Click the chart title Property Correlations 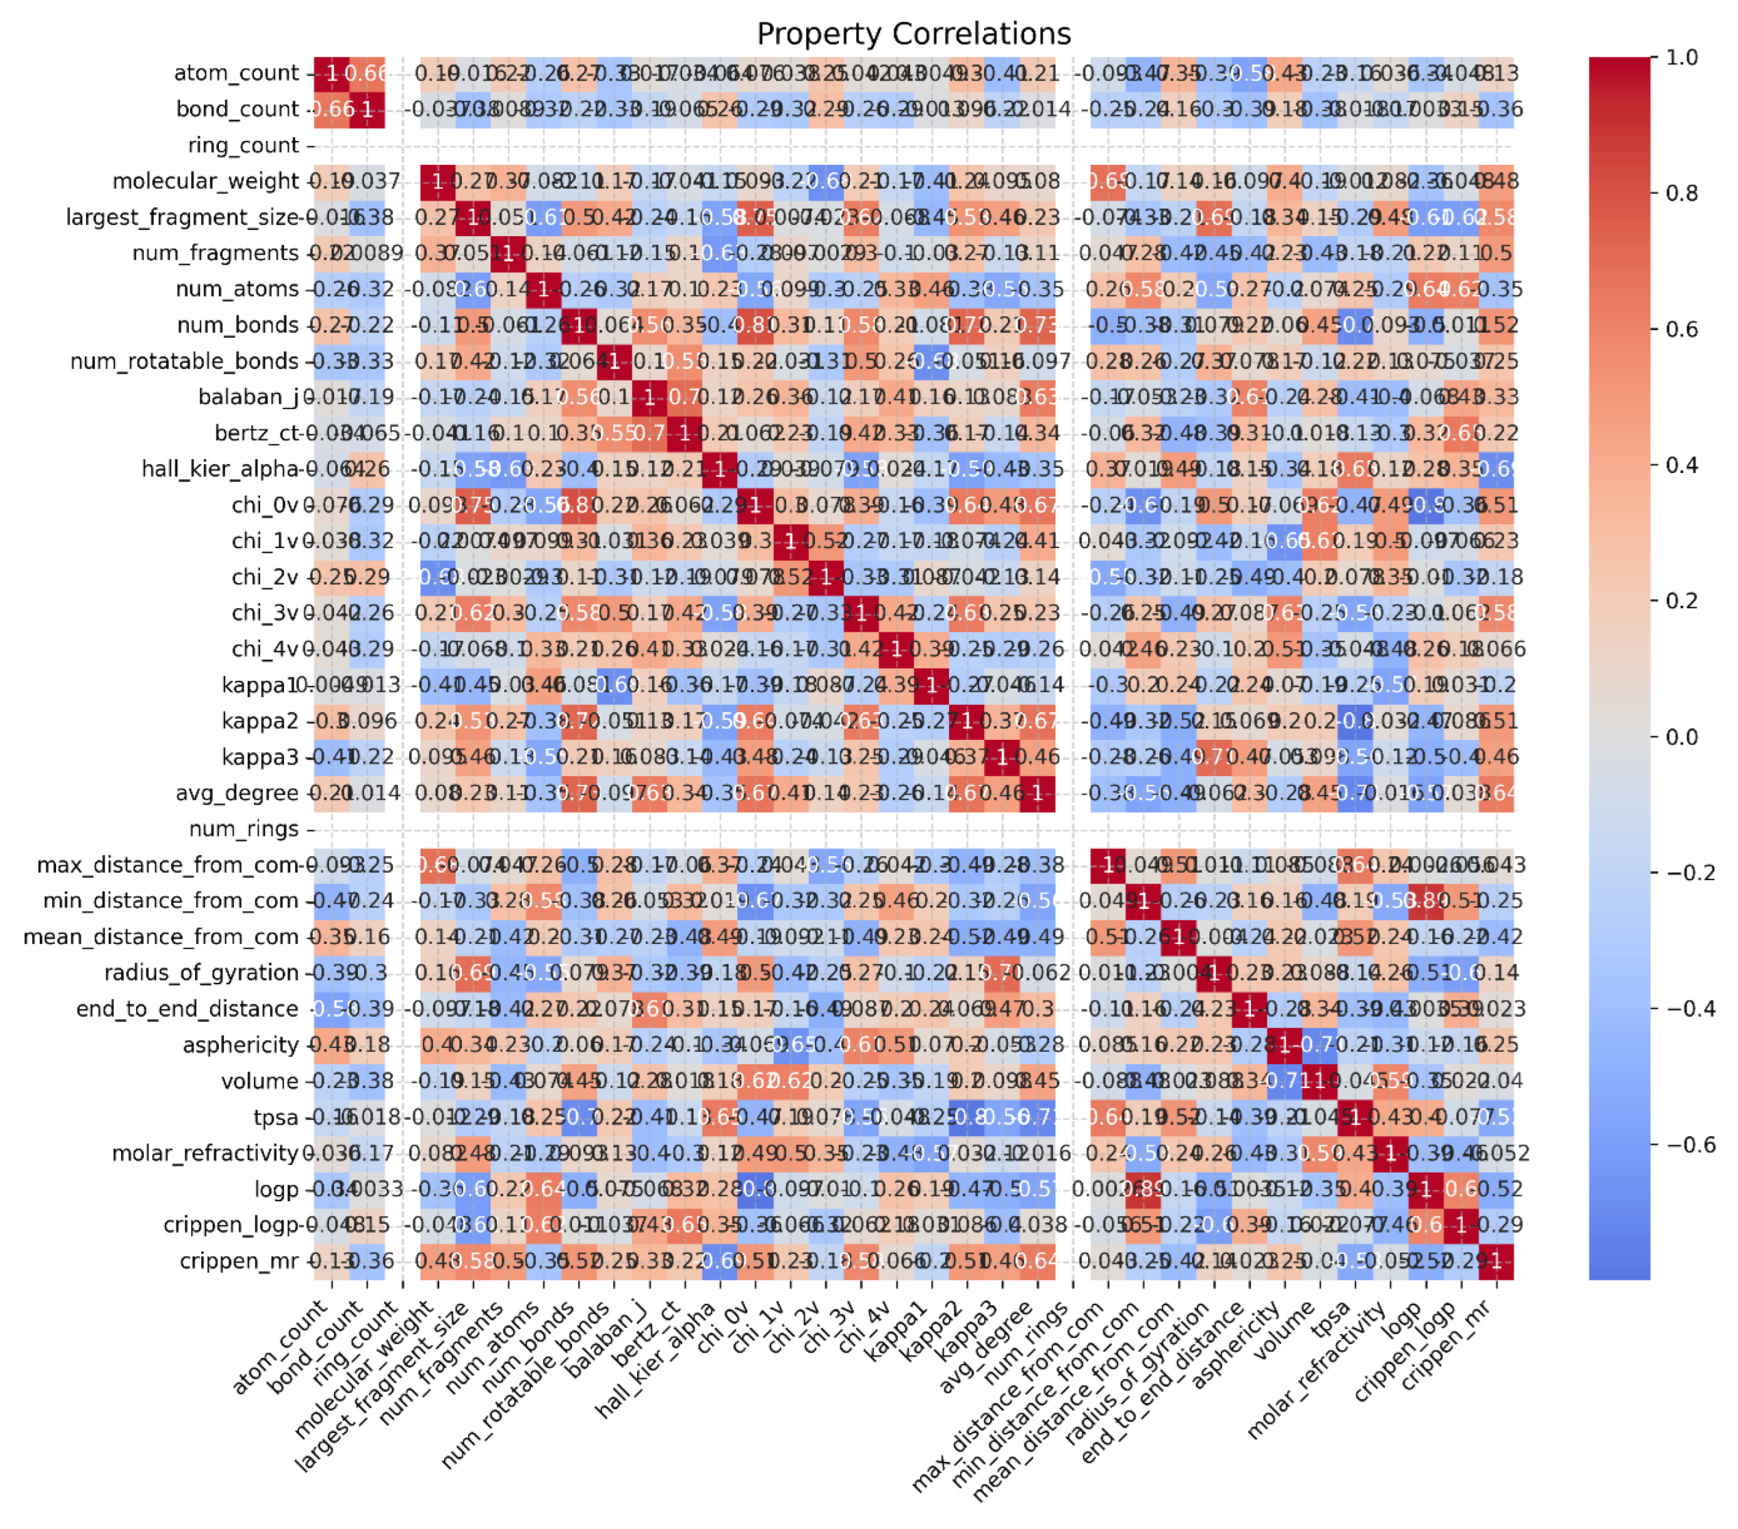[x=913, y=34]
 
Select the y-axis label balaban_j [x=248, y=397]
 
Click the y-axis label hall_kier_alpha [x=220, y=470]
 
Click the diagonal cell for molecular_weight [x=438, y=181]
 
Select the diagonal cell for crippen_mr [x=1496, y=1261]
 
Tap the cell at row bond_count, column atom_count [x=332, y=110]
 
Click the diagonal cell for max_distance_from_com [x=1108, y=865]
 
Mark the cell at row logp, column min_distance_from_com [x=1143, y=1189]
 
